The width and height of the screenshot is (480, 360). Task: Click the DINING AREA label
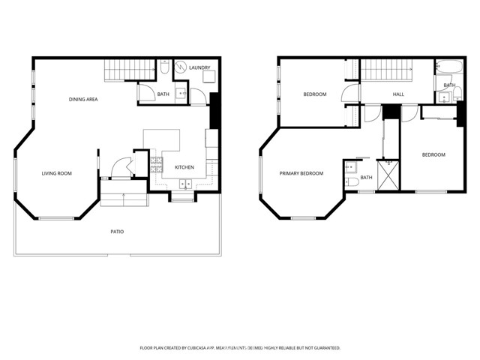pyautogui.click(x=83, y=99)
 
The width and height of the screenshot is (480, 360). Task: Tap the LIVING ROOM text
pyautogui.click(x=56, y=173)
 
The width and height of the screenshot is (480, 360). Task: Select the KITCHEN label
pyautogui.click(x=185, y=167)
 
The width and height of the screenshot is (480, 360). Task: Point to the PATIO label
pyautogui.click(x=117, y=232)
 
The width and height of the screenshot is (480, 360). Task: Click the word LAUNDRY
pyautogui.click(x=199, y=67)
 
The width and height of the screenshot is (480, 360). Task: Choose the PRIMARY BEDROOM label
pyautogui.click(x=301, y=173)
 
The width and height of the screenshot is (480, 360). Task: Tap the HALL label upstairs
pyautogui.click(x=399, y=94)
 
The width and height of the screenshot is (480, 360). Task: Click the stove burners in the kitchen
pyautogui.click(x=157, y=163)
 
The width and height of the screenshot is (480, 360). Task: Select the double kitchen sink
pyautogui.click(x=184, y=184)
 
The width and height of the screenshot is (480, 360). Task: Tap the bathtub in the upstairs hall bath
pyautogui.click(x=445, y=72)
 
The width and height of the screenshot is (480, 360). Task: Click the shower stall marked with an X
pyautogui.click(x=388, y=175)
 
